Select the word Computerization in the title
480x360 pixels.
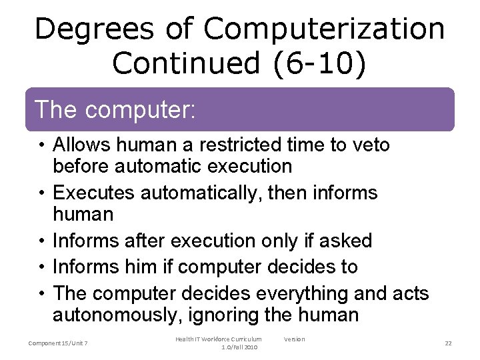click(324, 29)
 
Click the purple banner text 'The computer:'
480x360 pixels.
click(114, 109)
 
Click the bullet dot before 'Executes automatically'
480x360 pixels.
click(42, 193)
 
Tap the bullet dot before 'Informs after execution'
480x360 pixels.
click(42, 240)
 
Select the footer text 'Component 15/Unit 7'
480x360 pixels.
click(58, 343)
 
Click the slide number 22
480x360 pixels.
click(448, 343)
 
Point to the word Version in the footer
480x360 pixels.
click(294, 339)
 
